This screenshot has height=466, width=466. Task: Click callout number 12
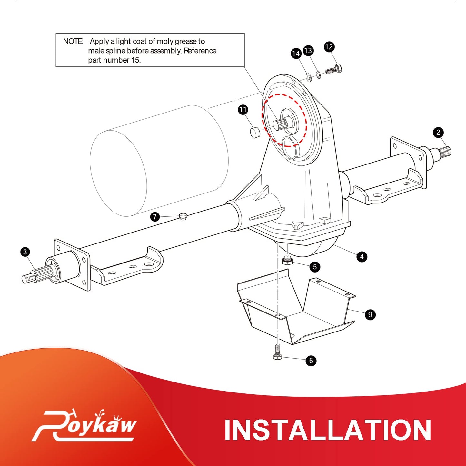click(329, 47)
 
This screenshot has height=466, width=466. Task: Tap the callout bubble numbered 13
click(308, 51)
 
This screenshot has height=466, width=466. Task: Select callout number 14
click(296, 53)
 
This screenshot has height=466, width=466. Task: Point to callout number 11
click(243, 110)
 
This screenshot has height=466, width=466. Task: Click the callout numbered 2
click(438, 132)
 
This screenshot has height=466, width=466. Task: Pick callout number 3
click(25, 252)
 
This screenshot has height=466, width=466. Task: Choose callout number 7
click(155, 217)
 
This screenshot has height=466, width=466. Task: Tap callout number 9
click(370, 314)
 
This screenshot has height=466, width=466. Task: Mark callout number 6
click(311, 361)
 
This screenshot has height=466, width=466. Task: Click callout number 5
click(315, 267)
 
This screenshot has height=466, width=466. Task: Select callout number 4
click(362, 257)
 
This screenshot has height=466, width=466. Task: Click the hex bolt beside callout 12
click(334, 69)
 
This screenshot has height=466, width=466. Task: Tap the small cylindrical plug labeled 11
click(255, 133)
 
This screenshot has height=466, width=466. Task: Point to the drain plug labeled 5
click(287, 260)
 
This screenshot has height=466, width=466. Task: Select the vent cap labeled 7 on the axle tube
click(183, 216)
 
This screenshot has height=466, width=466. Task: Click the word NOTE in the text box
click(73, 41)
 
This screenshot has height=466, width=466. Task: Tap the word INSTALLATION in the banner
click(328, 430)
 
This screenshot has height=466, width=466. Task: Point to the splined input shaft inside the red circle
click(282, 124)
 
